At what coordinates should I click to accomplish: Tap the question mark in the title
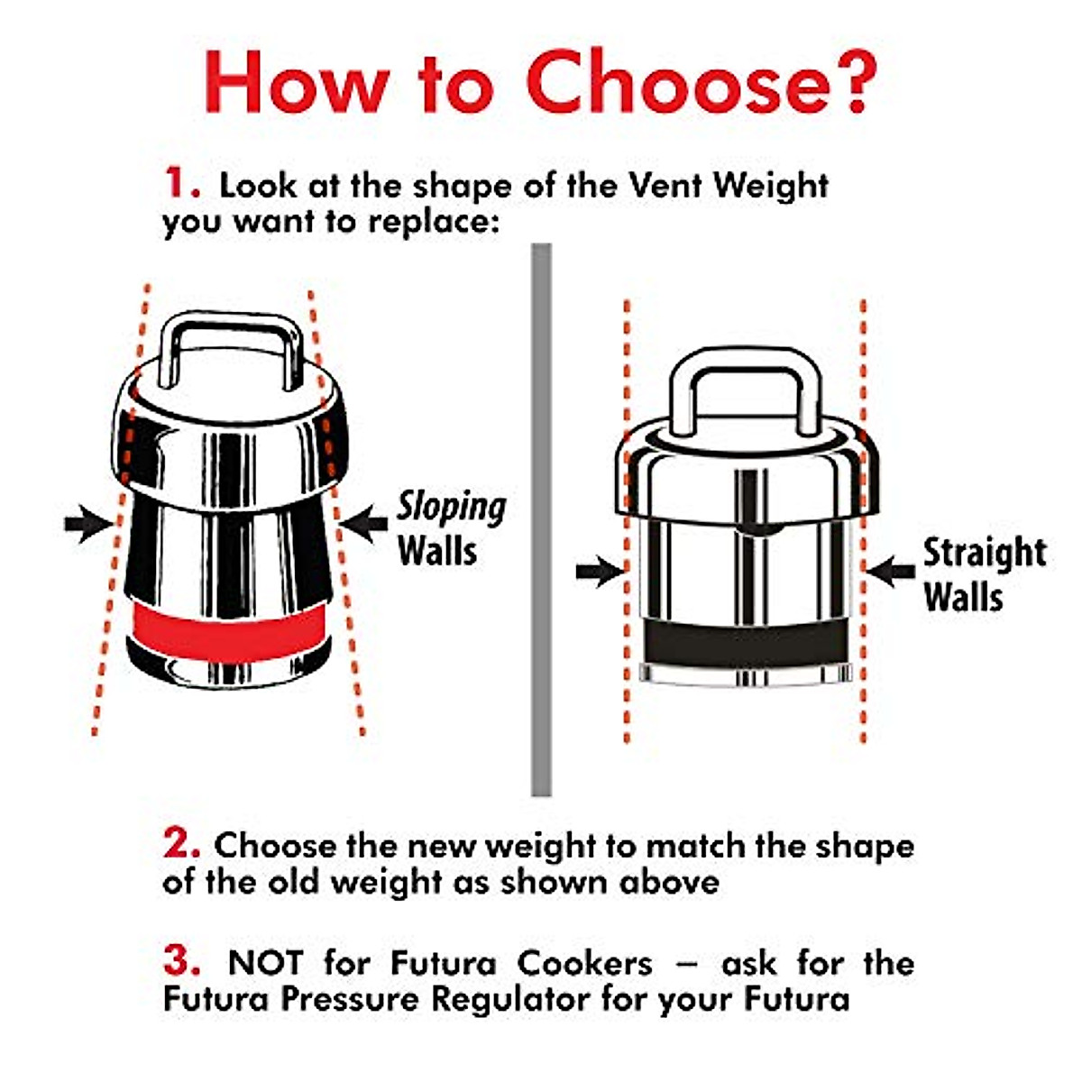[x=843, y=81]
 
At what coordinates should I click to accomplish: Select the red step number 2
[x=181, y=844]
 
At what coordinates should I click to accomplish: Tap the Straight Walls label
[x=983, y=574]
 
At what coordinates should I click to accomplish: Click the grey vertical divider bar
[x=541, y=518]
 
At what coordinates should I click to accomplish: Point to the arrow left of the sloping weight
[x=89, y=523]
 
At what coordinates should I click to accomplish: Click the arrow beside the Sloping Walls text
[x=364, y=523]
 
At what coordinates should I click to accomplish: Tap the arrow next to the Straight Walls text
[x=890, y=570]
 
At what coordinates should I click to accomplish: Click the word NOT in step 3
[x=265, y=963]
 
